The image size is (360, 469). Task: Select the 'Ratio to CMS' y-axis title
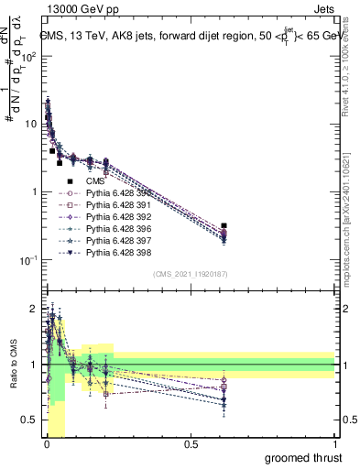[x=13, y=365]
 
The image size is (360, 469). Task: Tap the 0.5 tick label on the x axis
[x=191, y=444]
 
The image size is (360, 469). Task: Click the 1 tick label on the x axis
[x=334, y=444]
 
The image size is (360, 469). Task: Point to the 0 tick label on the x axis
[x=46, y=444]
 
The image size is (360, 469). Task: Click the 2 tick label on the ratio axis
[x=33, y=309]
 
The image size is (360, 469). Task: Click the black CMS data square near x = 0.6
[x=224, y=225]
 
